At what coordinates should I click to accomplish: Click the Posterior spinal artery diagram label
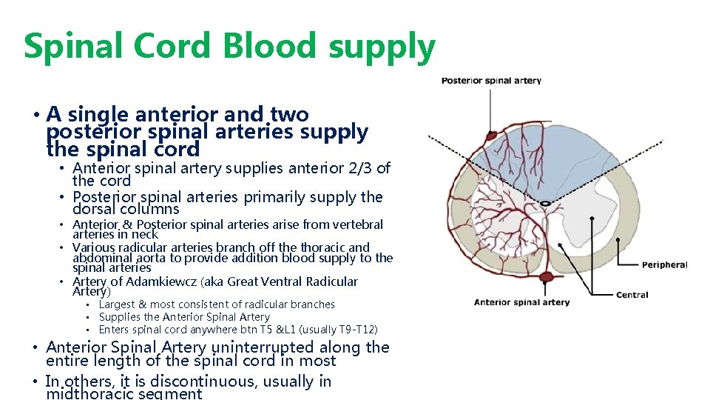[491, 81]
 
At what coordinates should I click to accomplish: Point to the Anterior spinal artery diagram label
[521, 302]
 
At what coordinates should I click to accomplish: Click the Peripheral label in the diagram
[664, 265]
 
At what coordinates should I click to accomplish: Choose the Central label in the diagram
[632, 295]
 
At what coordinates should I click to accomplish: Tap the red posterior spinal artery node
[490, 136]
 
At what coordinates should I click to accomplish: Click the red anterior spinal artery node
[546, 279]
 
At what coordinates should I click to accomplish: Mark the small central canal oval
[545, 203]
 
